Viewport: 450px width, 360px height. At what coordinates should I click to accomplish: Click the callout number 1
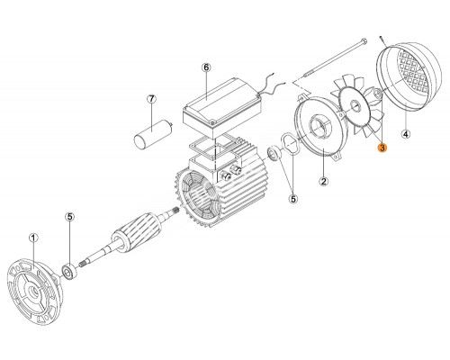[x=33, y=238]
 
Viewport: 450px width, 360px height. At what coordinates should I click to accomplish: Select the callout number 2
[x=324, y=181]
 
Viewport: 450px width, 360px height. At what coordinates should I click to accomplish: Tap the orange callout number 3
[x=382, y=148]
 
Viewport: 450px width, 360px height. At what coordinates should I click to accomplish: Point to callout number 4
[x=406, y=134]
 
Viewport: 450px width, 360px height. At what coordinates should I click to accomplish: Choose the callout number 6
[x=206, y=67]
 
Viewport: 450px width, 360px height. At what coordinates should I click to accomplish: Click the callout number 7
[x=151, y=98]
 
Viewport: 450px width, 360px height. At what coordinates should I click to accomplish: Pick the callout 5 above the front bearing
[x=70, y=217]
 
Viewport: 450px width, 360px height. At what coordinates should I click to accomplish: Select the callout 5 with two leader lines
[x=293, y=198]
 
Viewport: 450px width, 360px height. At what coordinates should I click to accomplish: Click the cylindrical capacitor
[x=152, y=133]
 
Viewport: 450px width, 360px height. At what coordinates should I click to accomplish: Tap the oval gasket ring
[x=290, y=145]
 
